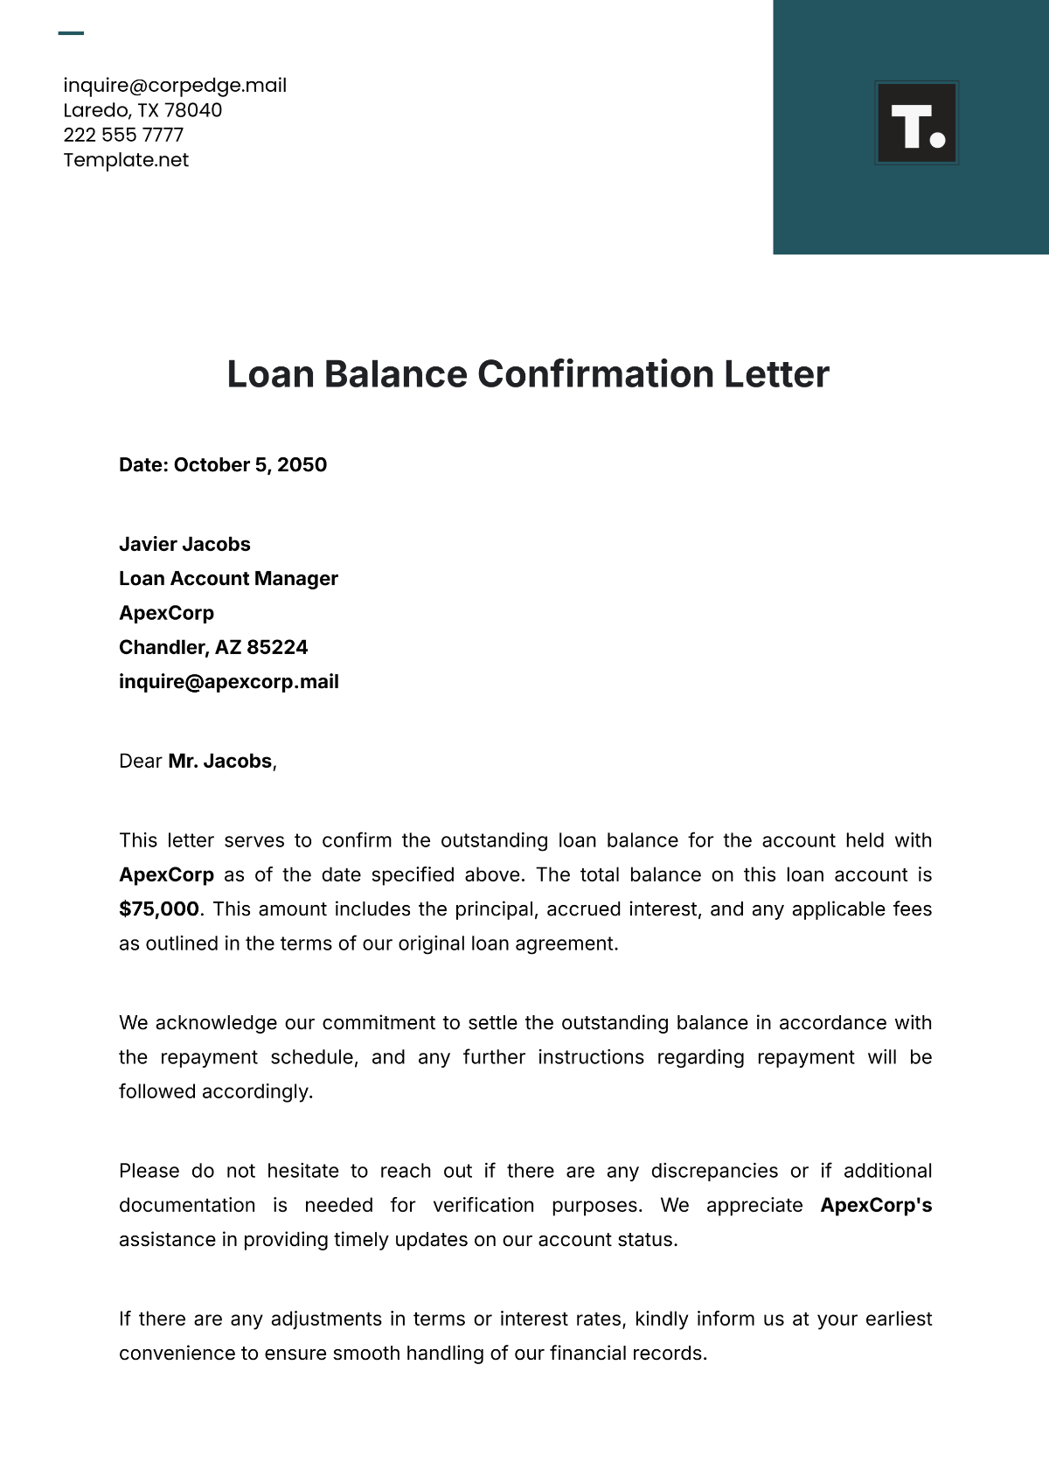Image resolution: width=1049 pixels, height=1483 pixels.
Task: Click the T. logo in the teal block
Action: (916, 123)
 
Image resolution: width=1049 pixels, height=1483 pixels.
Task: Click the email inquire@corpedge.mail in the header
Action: (175, 85)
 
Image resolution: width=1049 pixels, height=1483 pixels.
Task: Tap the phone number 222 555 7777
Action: (123, 135)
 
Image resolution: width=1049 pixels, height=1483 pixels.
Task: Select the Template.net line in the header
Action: (126, 160)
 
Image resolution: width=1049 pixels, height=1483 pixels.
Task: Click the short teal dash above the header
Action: (71, 33)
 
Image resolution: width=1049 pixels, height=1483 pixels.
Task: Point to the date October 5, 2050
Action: (250, 465)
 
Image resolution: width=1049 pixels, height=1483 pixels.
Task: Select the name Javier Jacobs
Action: (184, 544)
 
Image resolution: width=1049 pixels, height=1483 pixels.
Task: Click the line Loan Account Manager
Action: (228, 579)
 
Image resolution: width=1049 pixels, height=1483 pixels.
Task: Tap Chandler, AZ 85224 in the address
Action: (213, 647)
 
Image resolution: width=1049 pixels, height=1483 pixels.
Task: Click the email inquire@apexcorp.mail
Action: (228, 682)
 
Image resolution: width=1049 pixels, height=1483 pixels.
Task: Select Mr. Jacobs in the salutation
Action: (219, 762)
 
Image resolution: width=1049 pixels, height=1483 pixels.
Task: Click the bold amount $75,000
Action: (159, 909)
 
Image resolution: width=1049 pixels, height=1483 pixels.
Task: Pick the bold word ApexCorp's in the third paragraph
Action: (876, 1206)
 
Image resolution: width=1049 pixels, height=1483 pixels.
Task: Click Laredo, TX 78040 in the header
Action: (142, 110)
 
